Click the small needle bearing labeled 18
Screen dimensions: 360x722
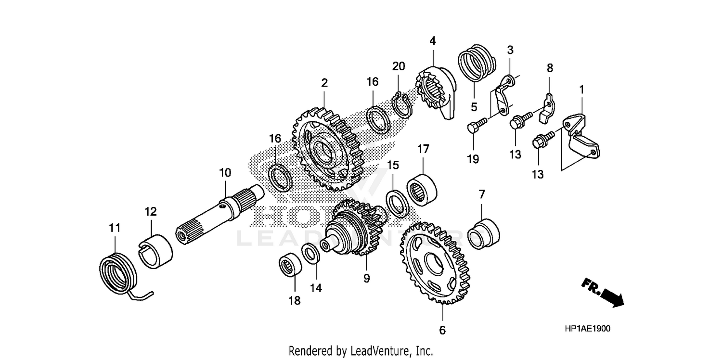point(291,267)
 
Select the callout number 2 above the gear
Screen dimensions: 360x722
point(325,83)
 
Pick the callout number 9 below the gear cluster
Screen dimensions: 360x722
point(366,278)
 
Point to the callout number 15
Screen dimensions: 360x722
point(393,165)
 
